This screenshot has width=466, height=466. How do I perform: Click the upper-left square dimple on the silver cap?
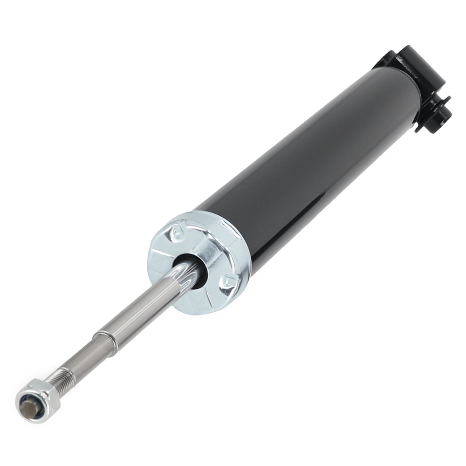click(x=178, y=232)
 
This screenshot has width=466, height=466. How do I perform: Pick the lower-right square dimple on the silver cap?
click(x=228, y=282)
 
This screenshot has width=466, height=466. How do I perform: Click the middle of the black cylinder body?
click(x=303, y=158)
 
